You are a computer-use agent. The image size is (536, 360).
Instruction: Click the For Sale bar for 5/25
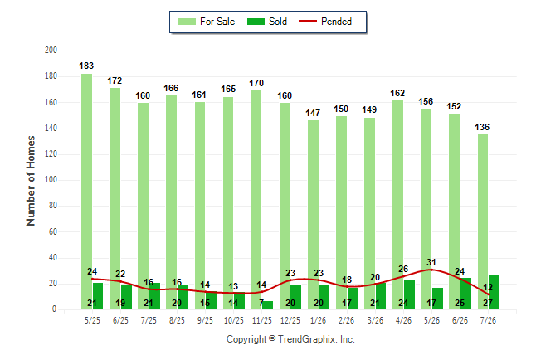point(86,192)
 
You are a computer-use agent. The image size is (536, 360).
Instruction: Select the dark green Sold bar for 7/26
point(494,292)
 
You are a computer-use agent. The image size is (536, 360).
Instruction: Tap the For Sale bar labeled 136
point(483,221)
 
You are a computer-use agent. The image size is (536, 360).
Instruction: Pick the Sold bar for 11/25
point(268,305)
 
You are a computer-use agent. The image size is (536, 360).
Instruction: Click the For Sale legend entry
point(207,22)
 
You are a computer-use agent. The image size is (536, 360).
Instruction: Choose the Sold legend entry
point(267,22)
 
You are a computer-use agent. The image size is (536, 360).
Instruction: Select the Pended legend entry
point(325,22)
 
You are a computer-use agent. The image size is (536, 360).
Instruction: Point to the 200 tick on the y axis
point(51,51)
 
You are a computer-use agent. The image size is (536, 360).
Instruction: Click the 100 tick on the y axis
point(51,180)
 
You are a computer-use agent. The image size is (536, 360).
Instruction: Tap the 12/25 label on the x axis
point(290,320)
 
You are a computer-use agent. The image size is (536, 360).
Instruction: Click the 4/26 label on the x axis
point(403,320)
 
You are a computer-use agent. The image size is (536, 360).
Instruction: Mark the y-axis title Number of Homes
point(31,181)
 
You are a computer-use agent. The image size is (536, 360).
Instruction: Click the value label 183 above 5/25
point(86,66)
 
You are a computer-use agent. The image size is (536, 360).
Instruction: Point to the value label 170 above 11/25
point(256,83)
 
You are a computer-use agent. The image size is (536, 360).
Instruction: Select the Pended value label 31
point(431,262)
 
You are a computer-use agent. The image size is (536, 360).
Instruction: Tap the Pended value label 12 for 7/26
point(488,287)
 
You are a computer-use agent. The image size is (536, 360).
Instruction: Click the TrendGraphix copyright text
point(290,339)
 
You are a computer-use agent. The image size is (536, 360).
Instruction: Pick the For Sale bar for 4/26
point(397,205)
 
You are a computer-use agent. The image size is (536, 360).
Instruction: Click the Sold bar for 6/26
point(465,294)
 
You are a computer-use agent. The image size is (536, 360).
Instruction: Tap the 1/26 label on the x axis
point(319,320)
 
